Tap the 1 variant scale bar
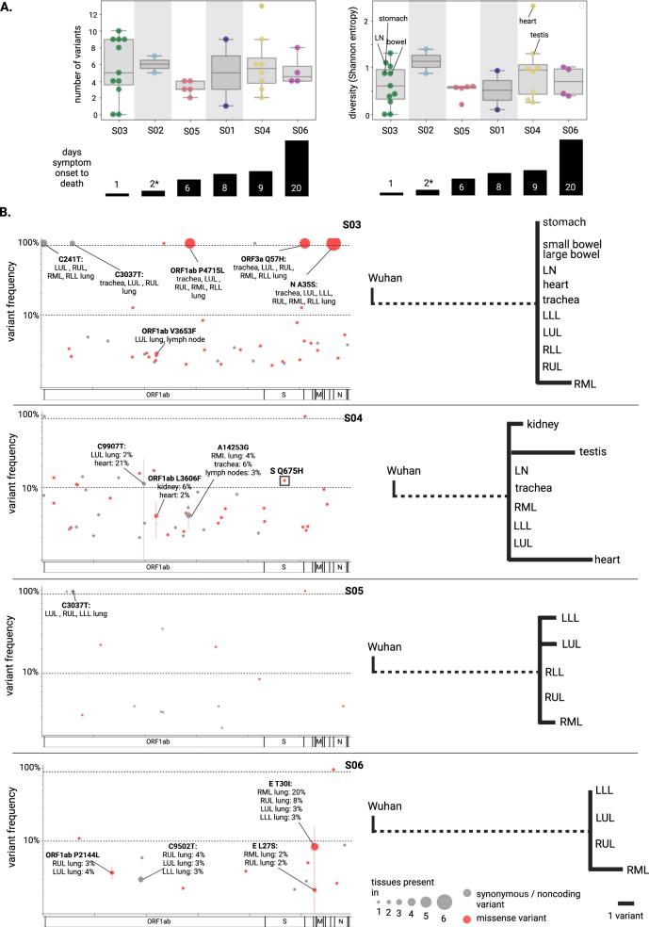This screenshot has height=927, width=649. (x=625, y=902)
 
